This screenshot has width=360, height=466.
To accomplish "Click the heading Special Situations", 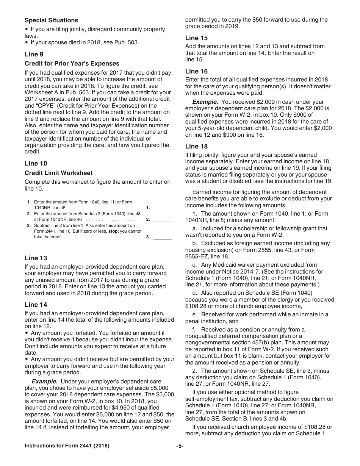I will coord(51,20).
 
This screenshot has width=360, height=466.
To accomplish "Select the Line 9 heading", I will coord(34,54).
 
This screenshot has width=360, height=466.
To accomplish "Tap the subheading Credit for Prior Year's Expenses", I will coord(72,64).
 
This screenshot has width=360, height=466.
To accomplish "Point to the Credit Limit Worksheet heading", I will coord(58,173).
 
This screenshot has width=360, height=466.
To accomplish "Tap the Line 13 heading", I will coord(36,258).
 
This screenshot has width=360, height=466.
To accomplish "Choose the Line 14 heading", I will coord(36,305).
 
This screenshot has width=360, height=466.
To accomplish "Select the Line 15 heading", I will coord(196,38).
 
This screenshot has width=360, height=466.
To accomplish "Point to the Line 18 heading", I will coord(196,146).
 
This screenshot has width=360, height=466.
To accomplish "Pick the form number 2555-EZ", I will coord(198,256).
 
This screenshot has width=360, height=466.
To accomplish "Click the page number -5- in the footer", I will coord(180,446).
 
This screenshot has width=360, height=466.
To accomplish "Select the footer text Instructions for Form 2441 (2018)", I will coord(67,446).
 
